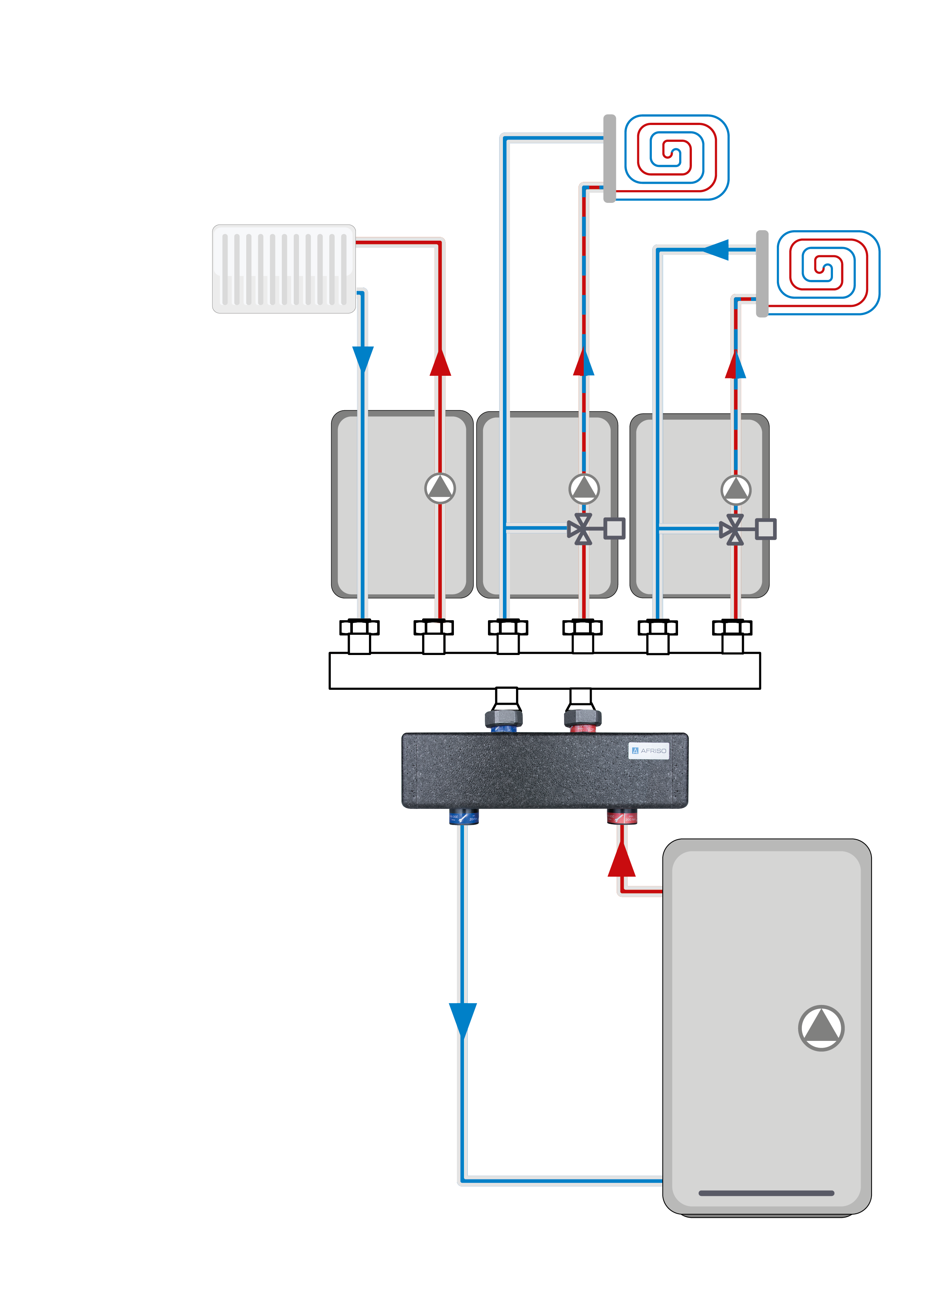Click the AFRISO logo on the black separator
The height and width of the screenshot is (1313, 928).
pos(648,750)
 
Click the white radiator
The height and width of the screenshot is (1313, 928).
pos(284,269)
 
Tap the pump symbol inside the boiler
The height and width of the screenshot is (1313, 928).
pos(821,1028)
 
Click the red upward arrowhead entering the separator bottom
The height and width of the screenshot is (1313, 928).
pos(622,859)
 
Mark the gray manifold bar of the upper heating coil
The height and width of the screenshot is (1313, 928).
pos(610,158)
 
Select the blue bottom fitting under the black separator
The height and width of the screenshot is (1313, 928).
pos(464,817)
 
